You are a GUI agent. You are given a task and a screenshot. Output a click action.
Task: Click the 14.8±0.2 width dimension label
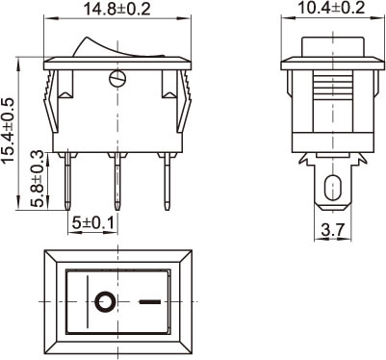point(116,9)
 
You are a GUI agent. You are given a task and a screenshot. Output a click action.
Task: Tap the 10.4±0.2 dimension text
point(331,8)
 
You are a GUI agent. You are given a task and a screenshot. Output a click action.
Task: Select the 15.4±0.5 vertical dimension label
point(9,130)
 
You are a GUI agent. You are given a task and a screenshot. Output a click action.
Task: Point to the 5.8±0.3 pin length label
point(37,178)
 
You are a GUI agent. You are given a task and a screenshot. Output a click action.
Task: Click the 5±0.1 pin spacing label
point(93,222)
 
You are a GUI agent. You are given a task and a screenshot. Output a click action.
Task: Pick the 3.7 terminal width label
point(332,230)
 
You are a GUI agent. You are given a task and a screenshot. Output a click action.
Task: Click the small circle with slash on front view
point(116,79)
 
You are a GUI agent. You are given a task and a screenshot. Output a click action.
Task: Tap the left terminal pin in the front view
point(67,181)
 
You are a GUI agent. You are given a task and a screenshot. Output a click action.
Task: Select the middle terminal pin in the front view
point(117,181)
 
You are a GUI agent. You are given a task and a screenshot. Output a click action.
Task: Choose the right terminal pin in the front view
point(167,181)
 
